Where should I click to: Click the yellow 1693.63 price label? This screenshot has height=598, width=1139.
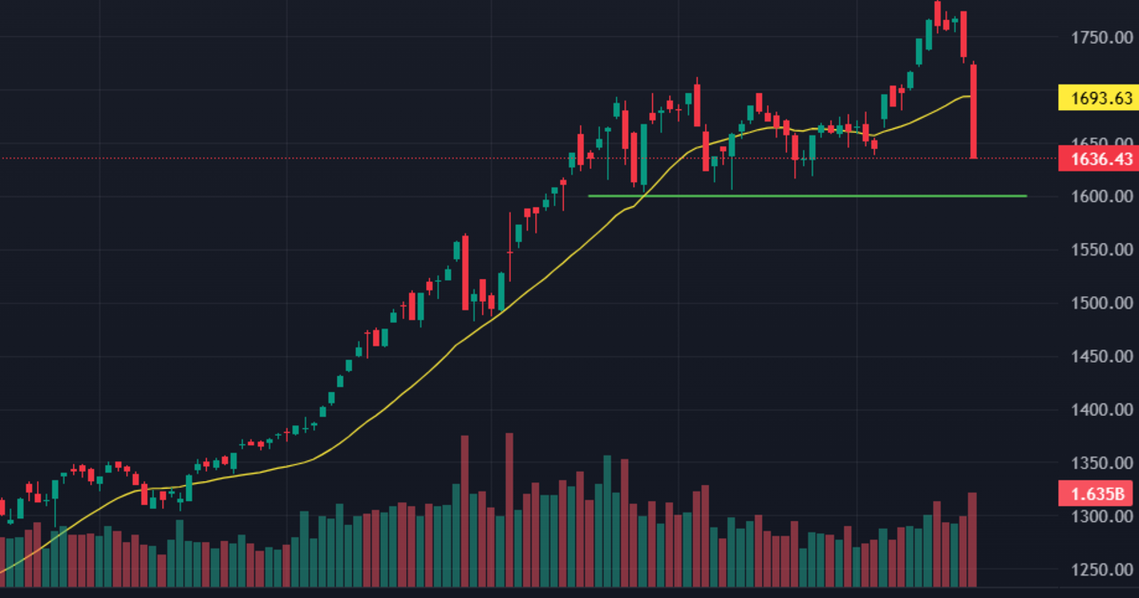pos(1096,98)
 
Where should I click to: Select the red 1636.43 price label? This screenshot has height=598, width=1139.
pos(1096,159)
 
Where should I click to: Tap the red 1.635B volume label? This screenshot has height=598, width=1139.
pos(1096,494)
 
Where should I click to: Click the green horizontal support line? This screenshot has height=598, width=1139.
pos(807,196)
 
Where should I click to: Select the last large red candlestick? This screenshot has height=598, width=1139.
pos(974,110)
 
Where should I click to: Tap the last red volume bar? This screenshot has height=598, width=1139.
pos(973,539)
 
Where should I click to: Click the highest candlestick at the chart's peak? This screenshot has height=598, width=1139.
pos(938,13)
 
